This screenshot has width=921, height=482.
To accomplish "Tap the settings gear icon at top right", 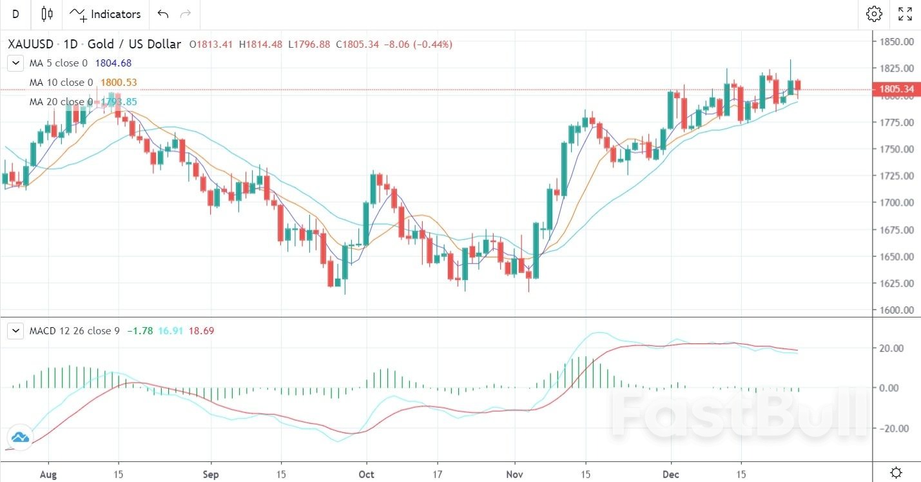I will tap(874, 14).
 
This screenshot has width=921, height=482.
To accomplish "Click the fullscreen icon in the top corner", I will tap(905, 14).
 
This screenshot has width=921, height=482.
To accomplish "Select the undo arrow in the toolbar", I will tap(163, 14).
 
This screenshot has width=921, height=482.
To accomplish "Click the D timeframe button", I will tap(15, 14).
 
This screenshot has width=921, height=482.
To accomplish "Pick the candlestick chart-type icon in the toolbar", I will tap(46, 14).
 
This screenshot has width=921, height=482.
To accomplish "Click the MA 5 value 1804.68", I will tap(113, 63).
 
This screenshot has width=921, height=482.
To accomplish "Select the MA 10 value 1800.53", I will tap(119, 83).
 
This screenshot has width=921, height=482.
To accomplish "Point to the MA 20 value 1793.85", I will tap(119, 102).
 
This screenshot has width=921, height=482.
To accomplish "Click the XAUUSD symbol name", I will tap(31, 45).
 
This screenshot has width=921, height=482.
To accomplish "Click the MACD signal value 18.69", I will tap(201, 331).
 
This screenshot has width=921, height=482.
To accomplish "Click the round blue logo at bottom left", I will tap(19, 437).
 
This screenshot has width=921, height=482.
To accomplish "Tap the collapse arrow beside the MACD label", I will tap(15, 331).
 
